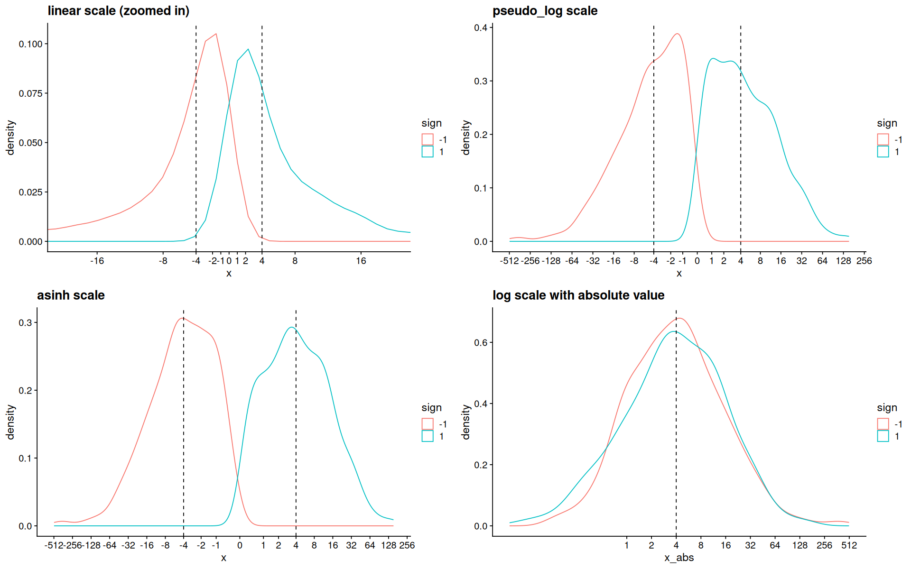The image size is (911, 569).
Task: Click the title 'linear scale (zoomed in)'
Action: coord(118,11)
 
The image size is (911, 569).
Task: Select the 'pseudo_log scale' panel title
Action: coord(545,11)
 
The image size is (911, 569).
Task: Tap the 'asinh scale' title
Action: coord(71,295)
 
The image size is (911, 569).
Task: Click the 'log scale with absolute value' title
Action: coord(578,295)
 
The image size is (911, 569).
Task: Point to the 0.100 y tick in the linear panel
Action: coord(31,44)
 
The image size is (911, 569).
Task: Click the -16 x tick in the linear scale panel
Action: coord(97,261)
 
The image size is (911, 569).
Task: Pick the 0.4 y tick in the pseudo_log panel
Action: coord(481,28)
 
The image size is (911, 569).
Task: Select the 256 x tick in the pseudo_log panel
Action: coord(864,261)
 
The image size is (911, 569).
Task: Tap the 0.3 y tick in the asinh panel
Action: coord(25,322)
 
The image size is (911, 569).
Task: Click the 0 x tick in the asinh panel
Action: coord(240,545)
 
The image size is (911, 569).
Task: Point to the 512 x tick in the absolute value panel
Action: coord(849,545)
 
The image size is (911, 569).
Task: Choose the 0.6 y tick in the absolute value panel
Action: coord(481,342)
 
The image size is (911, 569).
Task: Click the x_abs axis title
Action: coord(679,558)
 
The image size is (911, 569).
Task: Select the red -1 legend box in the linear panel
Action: coord(428,139)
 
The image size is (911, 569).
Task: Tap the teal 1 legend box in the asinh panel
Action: coord(428,436)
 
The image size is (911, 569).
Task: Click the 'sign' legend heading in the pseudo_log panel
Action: coord(887,123)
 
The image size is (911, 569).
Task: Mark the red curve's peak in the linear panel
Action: coord(216,34)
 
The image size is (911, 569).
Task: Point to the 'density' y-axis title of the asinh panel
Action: coord(10,422)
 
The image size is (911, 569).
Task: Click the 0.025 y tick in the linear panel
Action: coord(31,192)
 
